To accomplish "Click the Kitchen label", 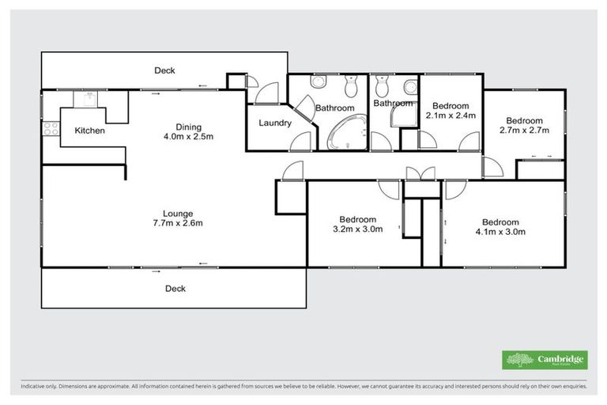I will click(x=90, y=131).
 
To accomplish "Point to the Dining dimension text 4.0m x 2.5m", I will click(x=189, y=137).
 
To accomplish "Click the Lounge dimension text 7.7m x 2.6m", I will click(x=178, y=223).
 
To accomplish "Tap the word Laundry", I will click(x=276, y=123).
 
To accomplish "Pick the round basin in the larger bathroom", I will click(x=317, y=81).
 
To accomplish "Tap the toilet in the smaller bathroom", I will click(x=383, y=83).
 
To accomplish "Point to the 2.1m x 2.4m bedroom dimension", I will click(x=451, y=115).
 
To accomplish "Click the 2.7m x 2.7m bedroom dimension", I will click(x=524, y=130).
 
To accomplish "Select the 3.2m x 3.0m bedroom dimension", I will click(x=357, y=230).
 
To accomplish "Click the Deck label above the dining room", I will click(x=164, y=70).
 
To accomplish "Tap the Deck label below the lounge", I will click(x=175, y=289).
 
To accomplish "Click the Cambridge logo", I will click(x=545, y=360).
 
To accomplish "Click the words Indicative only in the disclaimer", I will click(x=39, y=388).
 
